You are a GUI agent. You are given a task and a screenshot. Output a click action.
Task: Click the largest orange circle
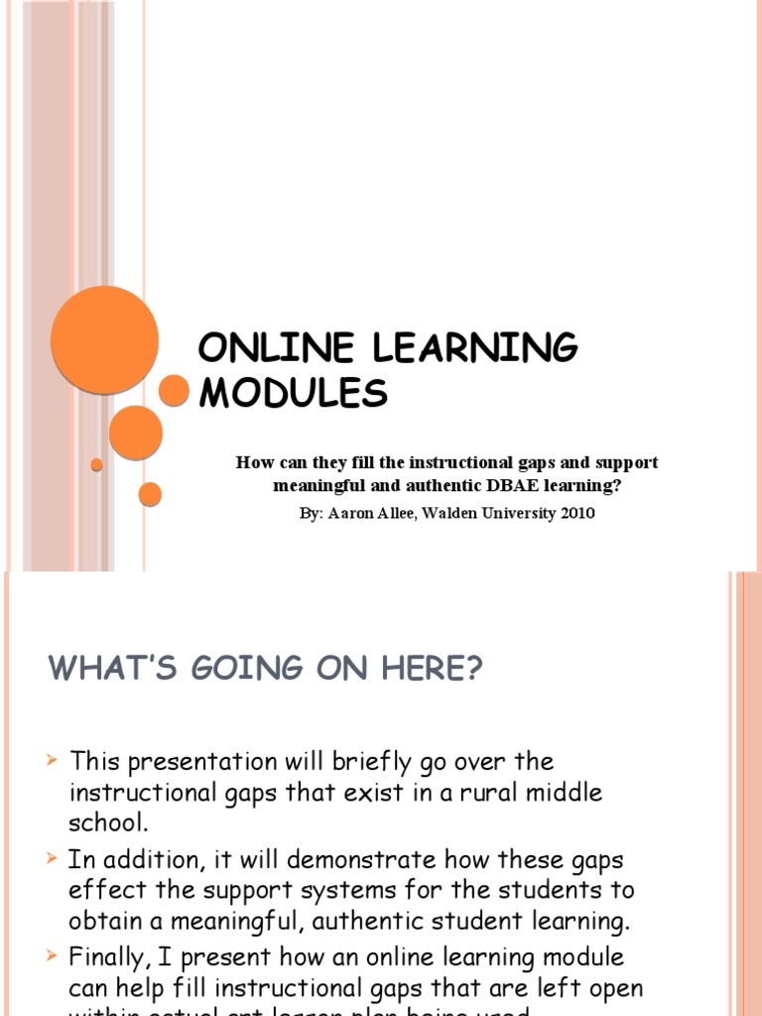104,340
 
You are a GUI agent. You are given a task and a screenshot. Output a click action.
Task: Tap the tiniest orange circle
96,464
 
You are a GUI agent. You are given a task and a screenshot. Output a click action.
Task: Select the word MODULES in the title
294,393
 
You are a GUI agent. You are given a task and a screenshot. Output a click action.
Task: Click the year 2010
577,514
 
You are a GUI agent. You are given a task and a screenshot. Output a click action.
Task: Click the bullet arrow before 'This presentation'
54,761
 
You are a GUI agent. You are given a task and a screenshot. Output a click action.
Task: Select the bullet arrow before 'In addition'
54,858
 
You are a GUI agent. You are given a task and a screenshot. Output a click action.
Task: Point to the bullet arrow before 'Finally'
54,955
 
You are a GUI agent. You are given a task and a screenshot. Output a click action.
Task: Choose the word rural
490,793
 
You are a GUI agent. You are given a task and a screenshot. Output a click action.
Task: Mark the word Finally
106,957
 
